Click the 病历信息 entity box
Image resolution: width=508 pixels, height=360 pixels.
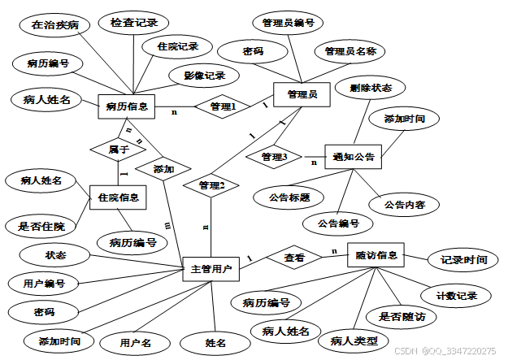point(126,105)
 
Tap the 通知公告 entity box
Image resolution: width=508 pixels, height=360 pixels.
point(353,157)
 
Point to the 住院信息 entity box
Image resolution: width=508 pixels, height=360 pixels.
point(118,197)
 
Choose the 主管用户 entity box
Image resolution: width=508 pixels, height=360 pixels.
point(211,268)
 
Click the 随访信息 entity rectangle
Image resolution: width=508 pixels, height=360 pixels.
point(376,255)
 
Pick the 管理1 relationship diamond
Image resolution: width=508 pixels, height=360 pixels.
point(223,106)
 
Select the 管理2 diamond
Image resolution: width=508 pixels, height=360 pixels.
point(211,185)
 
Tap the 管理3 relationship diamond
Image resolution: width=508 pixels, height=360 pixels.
point(275,156)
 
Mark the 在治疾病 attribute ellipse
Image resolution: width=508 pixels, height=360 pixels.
point(55,24)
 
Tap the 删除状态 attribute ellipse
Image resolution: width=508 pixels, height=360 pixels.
point(370,87)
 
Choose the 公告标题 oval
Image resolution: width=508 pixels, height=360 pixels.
point(284,197)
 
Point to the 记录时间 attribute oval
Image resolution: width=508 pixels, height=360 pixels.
point(463,260)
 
